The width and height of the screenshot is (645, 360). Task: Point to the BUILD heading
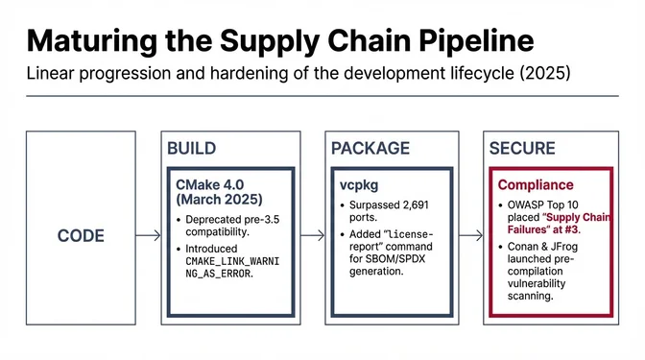coord(192,149)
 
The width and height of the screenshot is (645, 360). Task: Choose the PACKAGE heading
coord(370,149)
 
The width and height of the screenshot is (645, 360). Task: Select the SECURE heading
coord(522,149)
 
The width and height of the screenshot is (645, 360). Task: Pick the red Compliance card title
coord(536,184)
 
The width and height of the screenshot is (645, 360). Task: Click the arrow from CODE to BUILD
coord(147,235)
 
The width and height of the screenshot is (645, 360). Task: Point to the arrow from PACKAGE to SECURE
coord(469,235)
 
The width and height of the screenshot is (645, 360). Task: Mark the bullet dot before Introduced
coord(178,248)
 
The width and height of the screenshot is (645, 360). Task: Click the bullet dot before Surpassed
coord(344,205)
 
